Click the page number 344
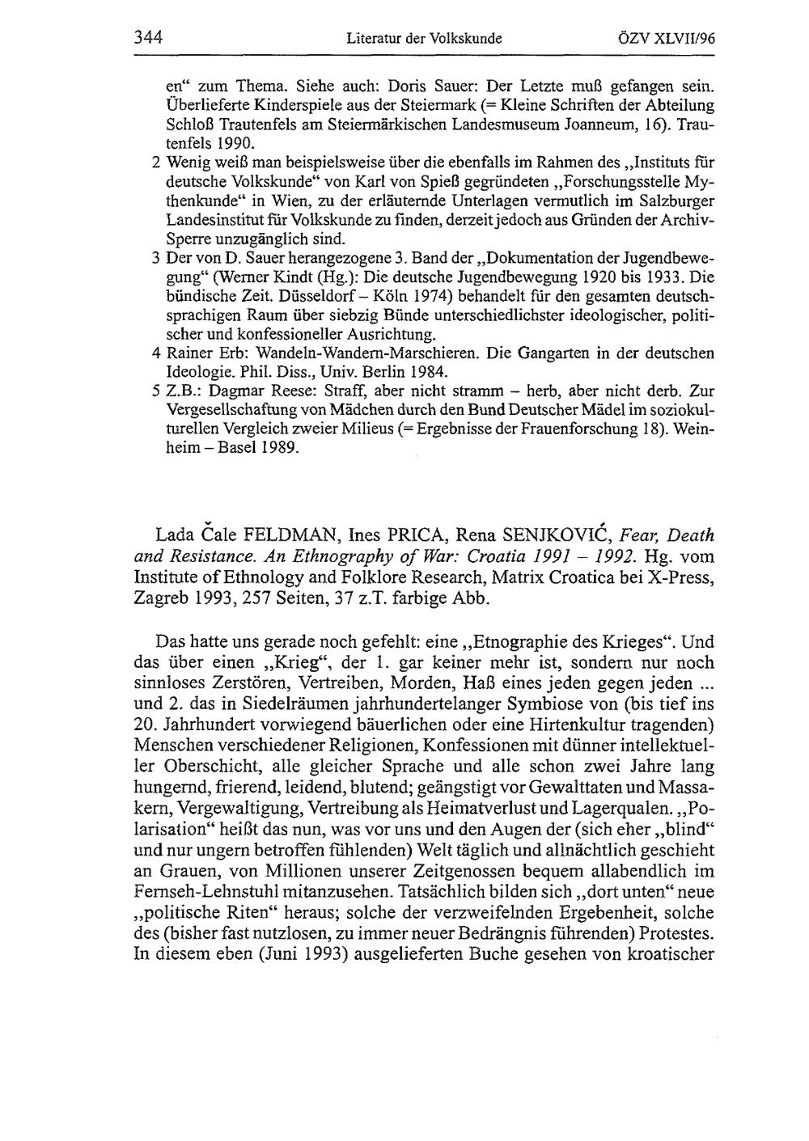pos(149,37)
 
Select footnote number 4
pos(155,353)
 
